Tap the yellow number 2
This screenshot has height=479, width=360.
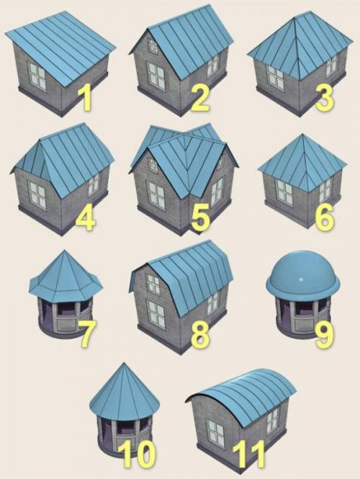tap(200, 97)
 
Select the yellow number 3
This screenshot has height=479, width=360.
tap(325, 97)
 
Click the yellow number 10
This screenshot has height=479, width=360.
tap(138, 453)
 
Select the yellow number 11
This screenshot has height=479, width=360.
tap(249, 453)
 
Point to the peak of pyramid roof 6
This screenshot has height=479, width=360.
tap(302, 134)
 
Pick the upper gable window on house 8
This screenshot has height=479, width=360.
tap(153, 284)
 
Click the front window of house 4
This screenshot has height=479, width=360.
tap(37, 194)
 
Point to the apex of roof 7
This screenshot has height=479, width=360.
tap(64, 251)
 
